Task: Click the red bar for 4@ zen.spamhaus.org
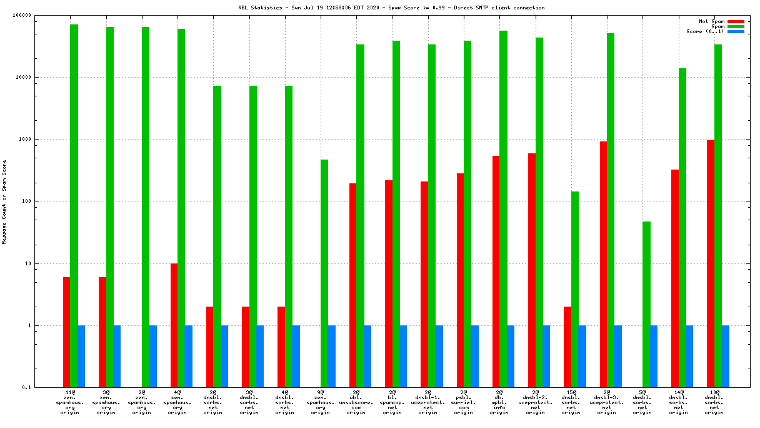tap(174, 325)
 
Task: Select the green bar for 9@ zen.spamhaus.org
tap(324, 273)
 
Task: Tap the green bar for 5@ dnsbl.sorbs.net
tap(646, 304)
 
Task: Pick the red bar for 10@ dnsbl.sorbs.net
tap(711, 263)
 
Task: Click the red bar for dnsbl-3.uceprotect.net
tap(603, 264)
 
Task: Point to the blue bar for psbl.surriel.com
tap(475, 356)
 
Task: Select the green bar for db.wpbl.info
tap(504, 209)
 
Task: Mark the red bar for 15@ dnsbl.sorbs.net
tap(567, 347)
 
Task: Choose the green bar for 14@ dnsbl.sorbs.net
tap(682, 228)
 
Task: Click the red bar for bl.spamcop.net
tap(389, 283)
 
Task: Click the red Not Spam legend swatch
tap(736, 21)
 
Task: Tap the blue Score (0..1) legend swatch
tap(736, 31)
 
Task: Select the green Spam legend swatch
tap(736, 26)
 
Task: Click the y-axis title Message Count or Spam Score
tap(4, 201)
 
